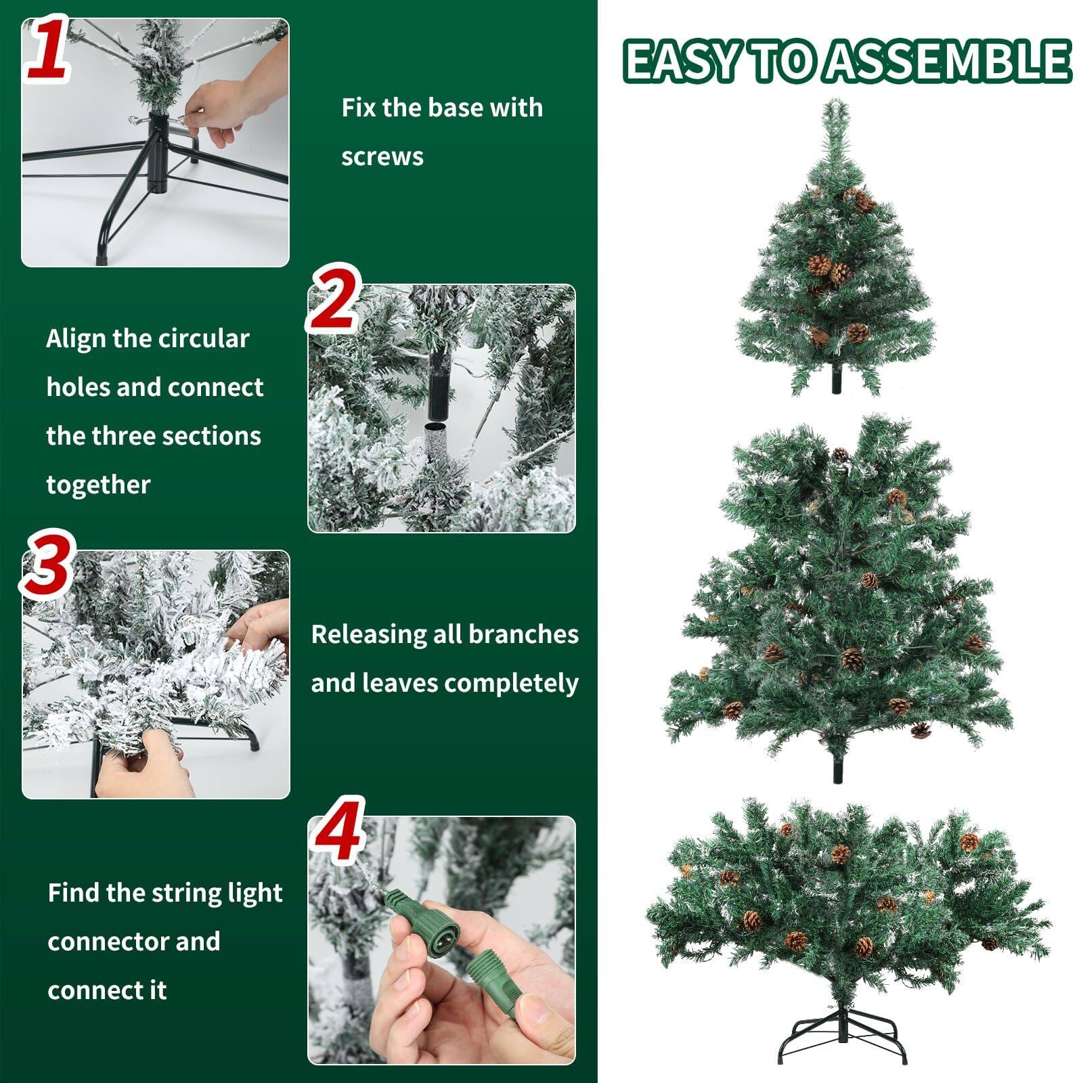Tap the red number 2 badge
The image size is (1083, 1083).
[334, 300]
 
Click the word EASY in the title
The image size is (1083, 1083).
[684, 62]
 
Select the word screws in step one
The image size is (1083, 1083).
[382, 157]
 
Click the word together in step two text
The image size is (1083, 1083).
[99, 485]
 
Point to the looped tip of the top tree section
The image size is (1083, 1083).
[836, 112]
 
